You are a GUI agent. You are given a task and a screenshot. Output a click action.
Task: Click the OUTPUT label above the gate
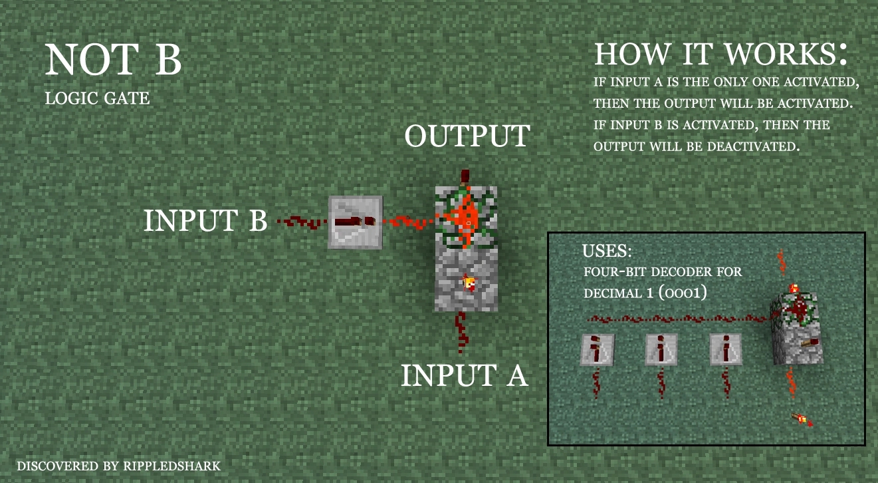click(x=467, y=136)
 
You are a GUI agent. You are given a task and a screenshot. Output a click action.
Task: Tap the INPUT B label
click(x=205, y=220)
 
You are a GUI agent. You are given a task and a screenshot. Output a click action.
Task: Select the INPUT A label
click(x=464, y=375)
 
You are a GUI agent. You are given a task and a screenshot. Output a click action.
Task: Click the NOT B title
click(x=113, y=59)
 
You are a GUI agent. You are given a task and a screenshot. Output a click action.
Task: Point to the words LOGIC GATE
click(x=97, y=98)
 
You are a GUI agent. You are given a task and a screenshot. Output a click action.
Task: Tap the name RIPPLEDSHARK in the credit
click(x=171, y=466)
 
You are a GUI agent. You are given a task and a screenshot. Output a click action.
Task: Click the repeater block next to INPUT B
click(x=355, y=222)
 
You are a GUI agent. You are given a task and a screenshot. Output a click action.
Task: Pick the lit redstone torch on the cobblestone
click(x=469, y=283)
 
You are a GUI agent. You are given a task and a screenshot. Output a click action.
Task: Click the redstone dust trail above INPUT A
click(x=461, y=332)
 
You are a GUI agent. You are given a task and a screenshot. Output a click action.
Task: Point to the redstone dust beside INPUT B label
click(x=302, y=222)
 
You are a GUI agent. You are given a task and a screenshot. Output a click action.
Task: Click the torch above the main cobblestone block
click(x=465, y=178)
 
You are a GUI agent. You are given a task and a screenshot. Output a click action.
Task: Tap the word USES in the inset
click(x=607, y=251)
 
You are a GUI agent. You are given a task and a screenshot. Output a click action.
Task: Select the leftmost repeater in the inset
click(x=597, y=349)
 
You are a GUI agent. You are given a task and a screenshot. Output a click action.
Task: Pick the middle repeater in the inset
click(x=661, y=349)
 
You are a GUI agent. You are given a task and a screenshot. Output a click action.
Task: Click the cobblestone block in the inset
click(x=796, y=329)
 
